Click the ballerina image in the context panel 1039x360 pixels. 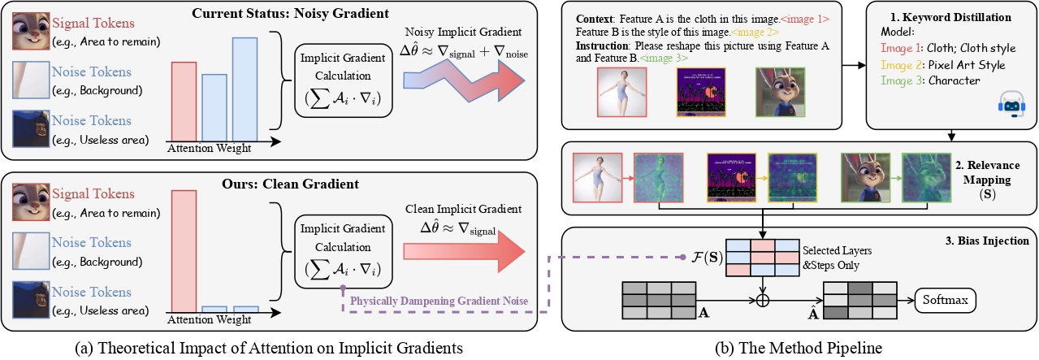[621, 93]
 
